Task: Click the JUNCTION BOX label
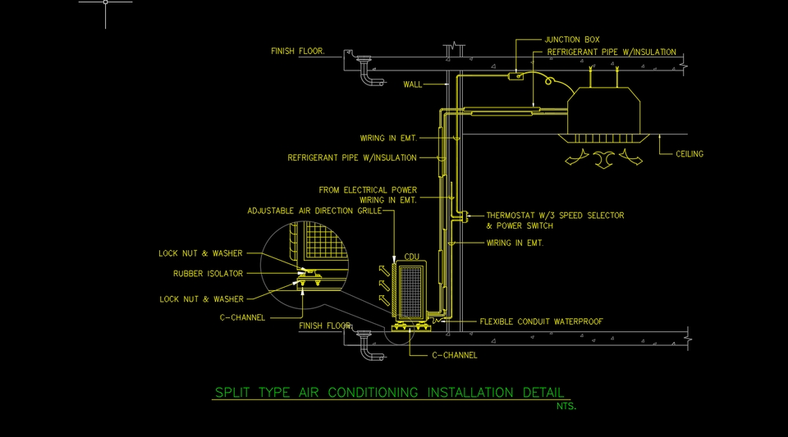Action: pyautogui.click(x=572, y=39)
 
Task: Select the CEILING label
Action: pyautogui.click(x=689, y=154)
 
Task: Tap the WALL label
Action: pyautogui.click(x=413, y=84)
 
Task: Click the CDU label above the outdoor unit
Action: pyautogui.click(x=412, y=257)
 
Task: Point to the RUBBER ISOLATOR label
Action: pyautogui.click(x=208, y=274)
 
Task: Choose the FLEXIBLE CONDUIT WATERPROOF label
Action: pyautogui.click(x=541, y=322)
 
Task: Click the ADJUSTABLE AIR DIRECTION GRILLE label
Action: pyautogui.click(x=314, y=211)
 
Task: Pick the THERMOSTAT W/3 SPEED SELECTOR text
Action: pyautogui.click(x=555, y=216)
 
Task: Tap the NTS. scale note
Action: pyautogui.click(x=566, y=406)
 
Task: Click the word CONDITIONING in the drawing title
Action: pyautogui.click(x=373, y=393)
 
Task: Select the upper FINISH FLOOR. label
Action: pyautogui.click(x=298, y=51)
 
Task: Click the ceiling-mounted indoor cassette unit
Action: pyautogui.click(x=607, y=111)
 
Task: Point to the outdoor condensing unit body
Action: pyautogui.click(x=410, y=289)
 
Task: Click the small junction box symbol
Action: pyautogui.click(x=515, y=76)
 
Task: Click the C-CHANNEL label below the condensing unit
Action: pyautogui.click(x=454, y=355)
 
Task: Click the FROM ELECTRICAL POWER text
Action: pyautogui.click(x=368, y=190)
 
